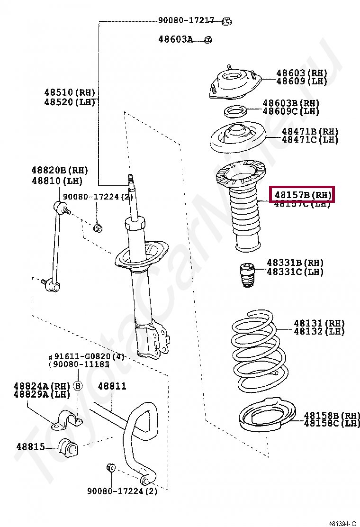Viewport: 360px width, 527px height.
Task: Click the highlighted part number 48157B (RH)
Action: (x=302, y=194)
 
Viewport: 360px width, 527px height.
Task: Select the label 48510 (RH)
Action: (x=70, y=92)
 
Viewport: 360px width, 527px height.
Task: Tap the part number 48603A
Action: (x=175, y=40)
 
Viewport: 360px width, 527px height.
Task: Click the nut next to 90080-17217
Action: (x=226, y=20)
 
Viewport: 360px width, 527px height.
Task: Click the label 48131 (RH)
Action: (x=319, y=323)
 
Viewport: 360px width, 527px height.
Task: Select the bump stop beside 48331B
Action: (x=246, y=275)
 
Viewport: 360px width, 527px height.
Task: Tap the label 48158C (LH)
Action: (x=332, y=423)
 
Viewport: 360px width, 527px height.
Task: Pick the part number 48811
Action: (x=112, y=386)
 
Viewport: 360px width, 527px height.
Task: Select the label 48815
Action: (x=30, y=446)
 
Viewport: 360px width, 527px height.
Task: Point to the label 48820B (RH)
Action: (x=60, y=170)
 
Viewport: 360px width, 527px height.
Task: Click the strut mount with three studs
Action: (x=232, y=85)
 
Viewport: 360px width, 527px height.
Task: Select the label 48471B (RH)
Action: (x=310, y=131)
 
